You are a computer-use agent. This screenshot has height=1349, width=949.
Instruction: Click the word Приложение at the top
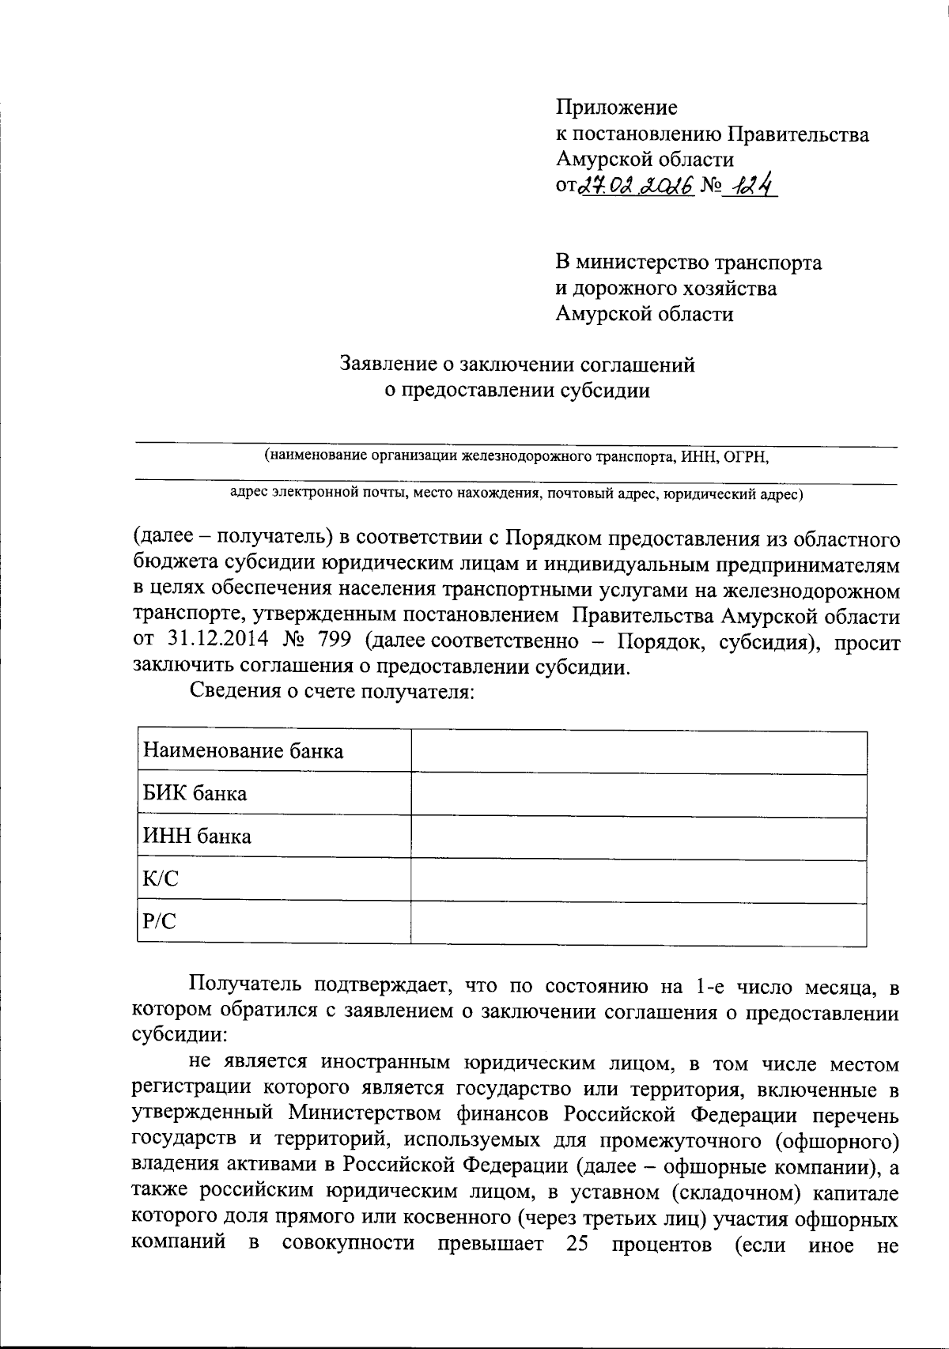[x=616, y=107]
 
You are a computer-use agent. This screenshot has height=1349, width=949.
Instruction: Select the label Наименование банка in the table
[x=243, y=750]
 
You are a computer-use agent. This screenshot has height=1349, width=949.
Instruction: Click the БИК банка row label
[x=195, y=793]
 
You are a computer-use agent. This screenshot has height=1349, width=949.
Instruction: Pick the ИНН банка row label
[x=197, y=836]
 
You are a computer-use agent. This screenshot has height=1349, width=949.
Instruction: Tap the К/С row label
[x=161, y=879]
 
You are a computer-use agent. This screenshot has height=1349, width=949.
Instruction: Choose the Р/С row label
[x=159, y=921]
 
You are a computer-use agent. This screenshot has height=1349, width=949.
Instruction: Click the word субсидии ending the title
[x=605, y=390]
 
